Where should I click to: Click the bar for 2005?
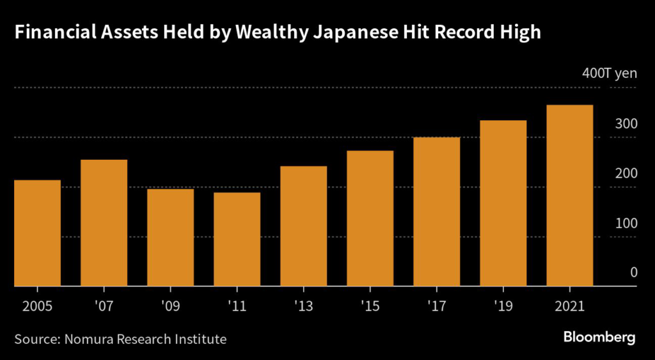(x=37, y=233)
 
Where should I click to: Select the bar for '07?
(x=104, y=223)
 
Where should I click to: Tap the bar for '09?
(x=170, y=238)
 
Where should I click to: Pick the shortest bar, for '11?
(x=237, y=240)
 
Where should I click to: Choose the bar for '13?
(x=303, y=226)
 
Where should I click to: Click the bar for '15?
(x=370, y=219)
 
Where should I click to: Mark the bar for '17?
(x=436, y=212)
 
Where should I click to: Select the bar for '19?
(x=503, y=203)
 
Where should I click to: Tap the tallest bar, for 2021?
(x=569, y=196)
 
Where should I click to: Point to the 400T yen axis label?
(x=609, y=74)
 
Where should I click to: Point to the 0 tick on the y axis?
(x=633, y=273)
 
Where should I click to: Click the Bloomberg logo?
(x=599, y=338)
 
